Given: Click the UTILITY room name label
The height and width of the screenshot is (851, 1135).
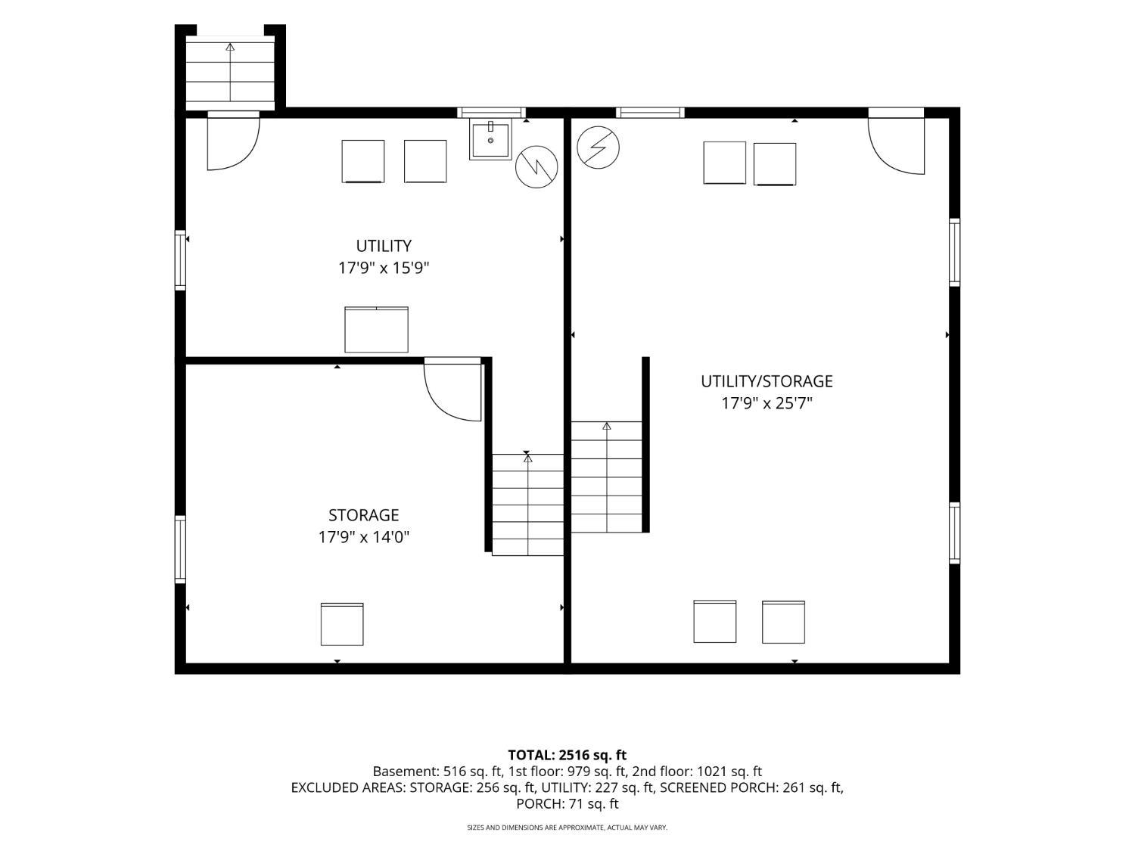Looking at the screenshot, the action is point(383,245).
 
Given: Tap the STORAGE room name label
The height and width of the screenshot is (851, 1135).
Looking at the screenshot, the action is point(363,515).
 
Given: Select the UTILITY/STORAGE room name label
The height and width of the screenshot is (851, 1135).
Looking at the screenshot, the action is point(767,381).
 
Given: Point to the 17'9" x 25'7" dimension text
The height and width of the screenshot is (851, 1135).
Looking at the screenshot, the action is point(767,403).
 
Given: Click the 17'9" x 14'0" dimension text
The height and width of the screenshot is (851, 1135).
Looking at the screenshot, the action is point(363,537).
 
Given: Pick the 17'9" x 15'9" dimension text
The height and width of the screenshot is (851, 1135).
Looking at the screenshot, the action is point(383,269).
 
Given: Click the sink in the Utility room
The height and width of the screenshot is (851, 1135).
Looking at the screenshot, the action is point(490,139).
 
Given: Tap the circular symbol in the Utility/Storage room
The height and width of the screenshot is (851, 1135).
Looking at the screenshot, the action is point(598,148).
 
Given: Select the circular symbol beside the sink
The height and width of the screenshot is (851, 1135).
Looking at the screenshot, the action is point(536,166).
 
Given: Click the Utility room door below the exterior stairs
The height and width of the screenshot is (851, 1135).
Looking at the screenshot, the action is point(233,141).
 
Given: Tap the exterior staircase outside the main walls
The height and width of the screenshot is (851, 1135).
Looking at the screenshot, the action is point(230,73).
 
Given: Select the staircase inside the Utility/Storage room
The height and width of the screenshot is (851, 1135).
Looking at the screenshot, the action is point(607,477).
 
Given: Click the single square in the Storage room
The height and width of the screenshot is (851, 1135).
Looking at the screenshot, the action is point(342,623).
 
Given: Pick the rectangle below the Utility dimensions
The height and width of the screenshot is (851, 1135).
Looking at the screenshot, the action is point(376,330).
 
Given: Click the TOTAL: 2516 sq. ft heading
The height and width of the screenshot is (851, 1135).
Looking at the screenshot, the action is point(567,755).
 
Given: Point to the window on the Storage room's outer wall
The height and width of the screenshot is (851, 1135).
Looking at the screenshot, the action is point(180,549).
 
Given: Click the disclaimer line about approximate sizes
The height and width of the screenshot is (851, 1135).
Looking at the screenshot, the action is point(567,828).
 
